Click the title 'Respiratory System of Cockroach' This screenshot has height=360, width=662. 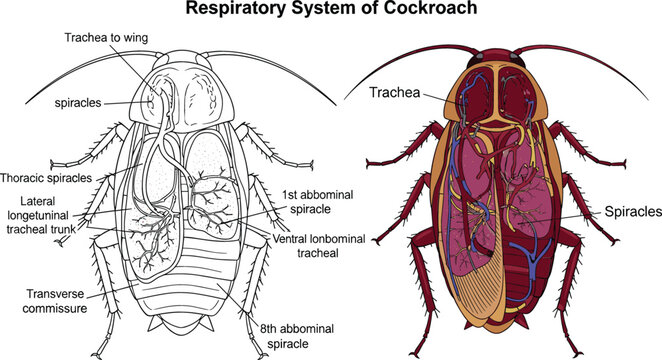331,10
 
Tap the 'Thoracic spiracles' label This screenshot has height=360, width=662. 53,178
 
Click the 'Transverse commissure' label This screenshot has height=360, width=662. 50,301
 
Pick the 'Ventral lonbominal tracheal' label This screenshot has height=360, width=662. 314,246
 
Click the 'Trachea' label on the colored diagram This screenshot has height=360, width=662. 392,93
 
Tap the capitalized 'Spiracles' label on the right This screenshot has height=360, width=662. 631,213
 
